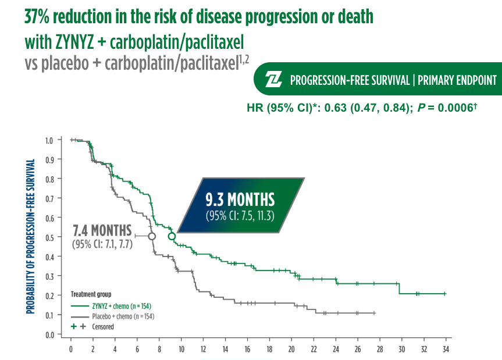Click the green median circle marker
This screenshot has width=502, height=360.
pyautogui.click(x=172, y=237)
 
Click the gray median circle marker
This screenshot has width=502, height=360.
pyautogui.click(x=152, y=236)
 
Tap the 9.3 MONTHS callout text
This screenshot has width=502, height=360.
pyautogui.click(x=240, y=199)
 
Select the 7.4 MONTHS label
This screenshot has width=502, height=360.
pyautogui.click(x=102, y=230)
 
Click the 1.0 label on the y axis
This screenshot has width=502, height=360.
pyautogui.click(x=49, y=141)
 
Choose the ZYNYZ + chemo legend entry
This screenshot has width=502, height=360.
pyautogui.click(x=111, y=306)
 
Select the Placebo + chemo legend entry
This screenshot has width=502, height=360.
pyautogui.click(x=112, y=316)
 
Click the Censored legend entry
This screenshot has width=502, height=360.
pyautogui.click(x=92, y=327)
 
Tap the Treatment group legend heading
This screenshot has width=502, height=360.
pyautogui.click(x=91, y=294)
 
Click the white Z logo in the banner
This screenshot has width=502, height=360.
pyautogui.click(x=273, y=79)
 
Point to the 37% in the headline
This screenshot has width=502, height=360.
pyautogui.click(x=37, y=17)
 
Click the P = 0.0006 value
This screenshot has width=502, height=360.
pyautogui.click(x=447, y=108)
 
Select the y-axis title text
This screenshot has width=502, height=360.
pyautogui.click(x=30, y=237)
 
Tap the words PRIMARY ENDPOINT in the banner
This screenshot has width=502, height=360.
pyautogui.click(x=457, y=80)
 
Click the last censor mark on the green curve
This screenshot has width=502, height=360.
pyautogui.click(x=444, y=294)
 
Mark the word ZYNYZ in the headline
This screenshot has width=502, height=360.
pyautogui.click(x=74, y=42)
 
